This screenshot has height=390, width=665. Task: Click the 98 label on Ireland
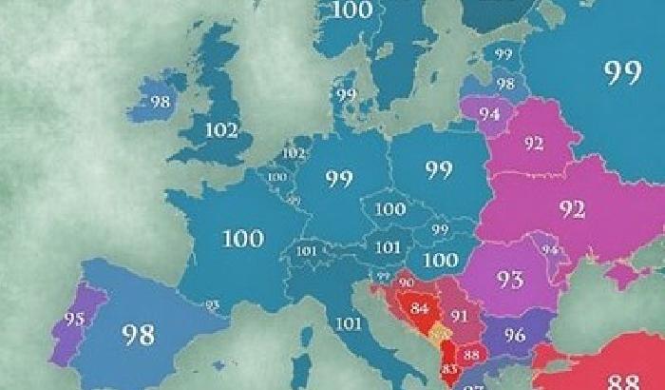[x=160, y=101]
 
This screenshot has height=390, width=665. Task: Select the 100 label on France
[x=242, y=238]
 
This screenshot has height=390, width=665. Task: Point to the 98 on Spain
[x=138, y=333]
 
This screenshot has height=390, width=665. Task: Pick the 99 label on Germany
[x=339, y=178]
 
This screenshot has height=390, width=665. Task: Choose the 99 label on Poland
[x=439, y=171]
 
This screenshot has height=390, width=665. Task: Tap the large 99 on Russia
[x=622, y=74]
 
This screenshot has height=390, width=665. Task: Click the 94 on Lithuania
[x=490, y=113]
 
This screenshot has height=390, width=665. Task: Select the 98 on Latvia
[x=504, y=84]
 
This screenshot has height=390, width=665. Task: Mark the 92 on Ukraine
[x=572, y=209]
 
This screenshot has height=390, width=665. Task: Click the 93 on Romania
[x=510, y=279]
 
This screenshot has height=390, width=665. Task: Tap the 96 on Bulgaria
[x=515, y=335]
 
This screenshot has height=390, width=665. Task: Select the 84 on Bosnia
[x=420, y=307]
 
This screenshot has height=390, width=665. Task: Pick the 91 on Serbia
[x=460, y=316]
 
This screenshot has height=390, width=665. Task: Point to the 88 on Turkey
[x=622, y=380]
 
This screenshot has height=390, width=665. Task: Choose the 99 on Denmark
[x=346, y=94]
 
